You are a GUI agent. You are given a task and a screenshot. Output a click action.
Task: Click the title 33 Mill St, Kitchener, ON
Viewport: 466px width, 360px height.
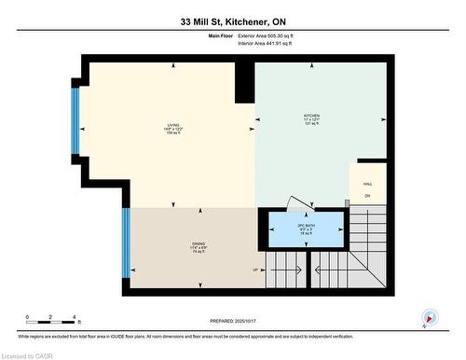(232, 21)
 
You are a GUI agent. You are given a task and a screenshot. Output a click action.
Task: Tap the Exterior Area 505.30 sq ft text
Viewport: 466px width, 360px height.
(271, 35)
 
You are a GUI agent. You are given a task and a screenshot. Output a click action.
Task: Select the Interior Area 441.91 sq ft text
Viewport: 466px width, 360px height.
(270, 44)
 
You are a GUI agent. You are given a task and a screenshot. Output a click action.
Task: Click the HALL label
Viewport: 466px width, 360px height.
(367, 185)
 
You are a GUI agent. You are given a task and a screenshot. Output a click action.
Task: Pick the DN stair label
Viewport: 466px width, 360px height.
(367, 196)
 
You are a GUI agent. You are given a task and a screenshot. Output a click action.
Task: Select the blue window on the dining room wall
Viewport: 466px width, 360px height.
(123, 242)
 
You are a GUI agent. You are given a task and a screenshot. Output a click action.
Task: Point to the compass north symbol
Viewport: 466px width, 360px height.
(428, 318)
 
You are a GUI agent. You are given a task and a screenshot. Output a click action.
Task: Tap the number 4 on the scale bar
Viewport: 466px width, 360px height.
(76, 317)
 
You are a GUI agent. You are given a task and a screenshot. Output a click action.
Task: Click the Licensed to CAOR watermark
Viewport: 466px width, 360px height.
(27, 354)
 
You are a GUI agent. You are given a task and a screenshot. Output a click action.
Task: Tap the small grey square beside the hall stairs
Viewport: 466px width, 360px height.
(347, 201)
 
